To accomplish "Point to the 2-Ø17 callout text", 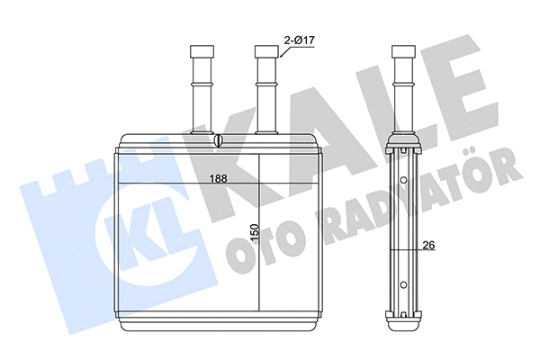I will tap(301, 40).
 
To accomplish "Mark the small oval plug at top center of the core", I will tap(219, 141).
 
